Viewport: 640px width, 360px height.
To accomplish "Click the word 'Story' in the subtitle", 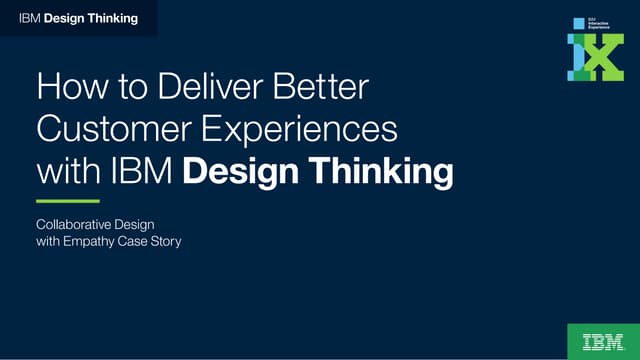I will click(x=165, y=242).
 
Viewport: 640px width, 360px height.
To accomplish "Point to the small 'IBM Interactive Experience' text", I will click(x=598, y=23).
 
